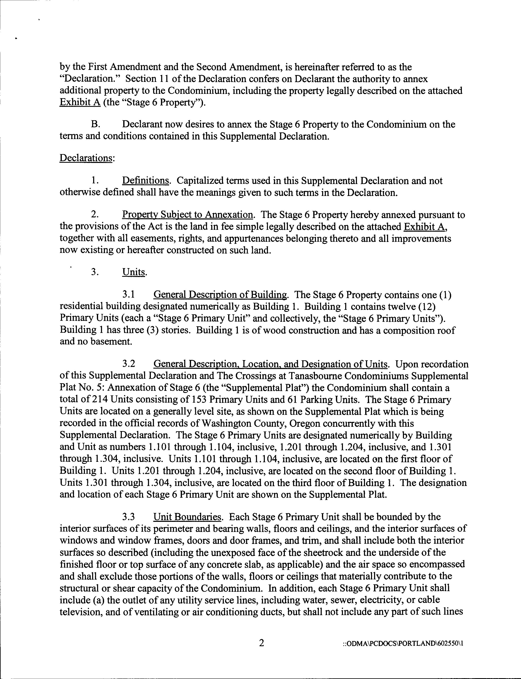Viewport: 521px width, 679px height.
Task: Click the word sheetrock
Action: (351, 552)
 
